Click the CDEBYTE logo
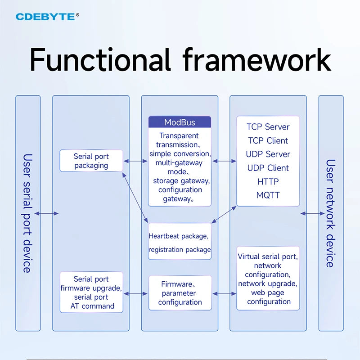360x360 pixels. click(x=47, y=17)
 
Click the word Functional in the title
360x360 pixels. click(x=100, y=59)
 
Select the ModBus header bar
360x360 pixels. click(x=180, y=122)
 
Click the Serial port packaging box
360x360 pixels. click(x=91, y=161)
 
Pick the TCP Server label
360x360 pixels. click(x=268, y=127)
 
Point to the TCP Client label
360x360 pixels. click(x=268, y=140)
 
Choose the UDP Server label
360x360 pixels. click(x=268, y=154)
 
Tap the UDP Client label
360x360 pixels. click(x=268, y=168)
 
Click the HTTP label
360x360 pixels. click(x=268, y=182)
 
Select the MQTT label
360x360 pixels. click(x=268, y=195)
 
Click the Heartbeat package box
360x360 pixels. click(x=180, y=241)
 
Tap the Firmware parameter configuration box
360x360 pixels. click(x=180, y=293)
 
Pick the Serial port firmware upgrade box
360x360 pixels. click(x=91, y=292)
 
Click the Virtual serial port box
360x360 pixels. click(x=268, y=278)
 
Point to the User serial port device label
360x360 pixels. click(x=28, y=213)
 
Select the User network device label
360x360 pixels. click(x=331, y=213)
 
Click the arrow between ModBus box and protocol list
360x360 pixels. click(x=224, y=161)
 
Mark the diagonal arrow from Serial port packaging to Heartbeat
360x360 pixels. click(x=135, y=198)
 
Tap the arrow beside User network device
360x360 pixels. click(x=312, y=213)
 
